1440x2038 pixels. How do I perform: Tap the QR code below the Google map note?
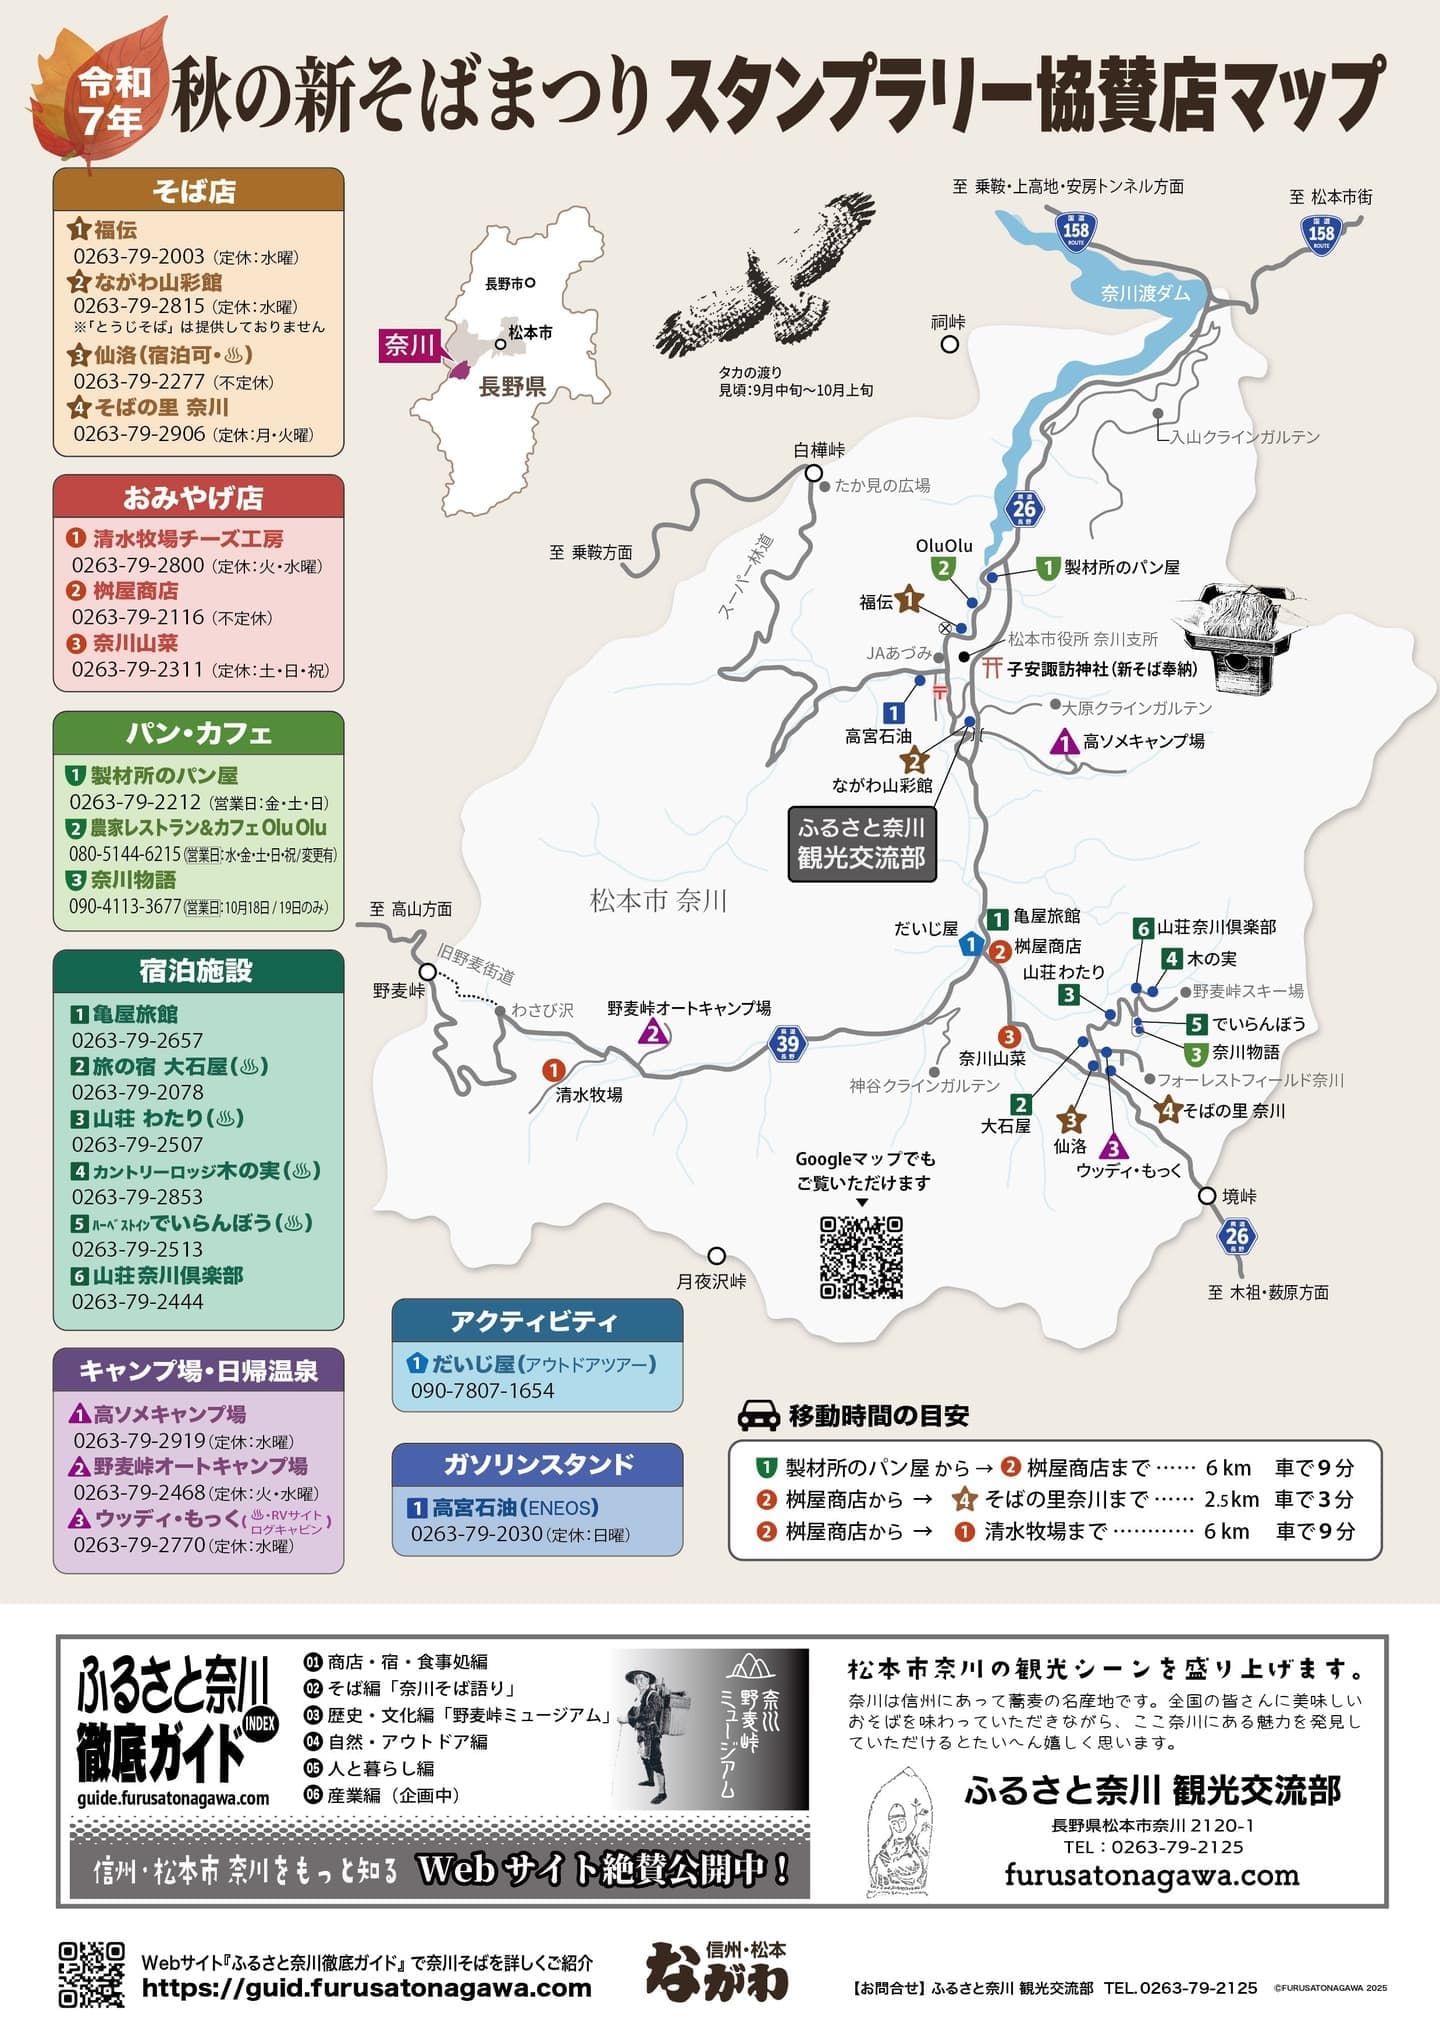point(861,1256)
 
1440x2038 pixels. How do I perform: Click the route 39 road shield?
point(788,1043)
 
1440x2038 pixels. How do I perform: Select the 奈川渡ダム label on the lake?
point(1145,293)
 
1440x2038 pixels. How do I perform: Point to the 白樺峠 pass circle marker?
point(814,473)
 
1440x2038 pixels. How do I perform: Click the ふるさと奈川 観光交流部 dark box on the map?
point(861,843)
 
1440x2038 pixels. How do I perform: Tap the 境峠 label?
point(1239,1196)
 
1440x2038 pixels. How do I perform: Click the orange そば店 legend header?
point(198,190)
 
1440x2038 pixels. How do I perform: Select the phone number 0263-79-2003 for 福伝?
point(138,256)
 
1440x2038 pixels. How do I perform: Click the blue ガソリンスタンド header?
point(537,1465)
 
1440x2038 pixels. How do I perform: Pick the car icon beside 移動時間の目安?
point(758,1415)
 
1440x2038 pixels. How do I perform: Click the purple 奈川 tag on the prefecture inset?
point(409,345)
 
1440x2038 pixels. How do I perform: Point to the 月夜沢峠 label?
point(711,1281)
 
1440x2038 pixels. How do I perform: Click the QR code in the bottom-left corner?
point(92,1974)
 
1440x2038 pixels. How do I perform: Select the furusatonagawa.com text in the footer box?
point(1151,1875)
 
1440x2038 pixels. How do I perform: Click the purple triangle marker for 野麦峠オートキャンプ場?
point(653,1033)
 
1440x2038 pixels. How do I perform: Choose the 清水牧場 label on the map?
point(589,1095)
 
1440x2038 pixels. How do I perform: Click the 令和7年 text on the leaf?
point(114,100)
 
